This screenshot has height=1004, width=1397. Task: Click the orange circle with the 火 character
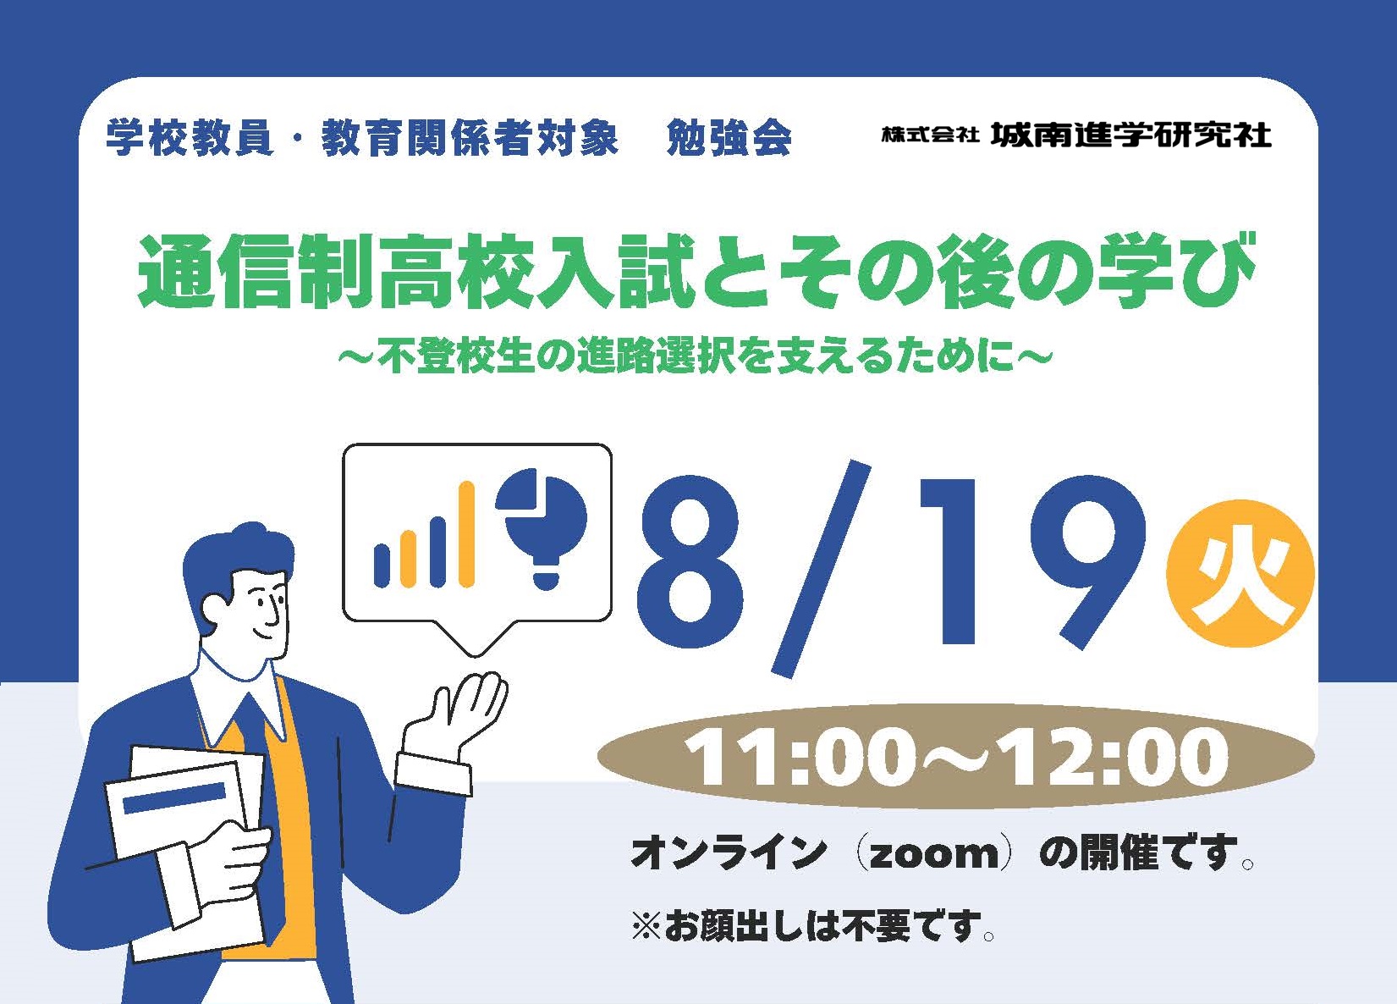click(1240, 573)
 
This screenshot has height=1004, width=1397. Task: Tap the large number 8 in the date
click(690, 562)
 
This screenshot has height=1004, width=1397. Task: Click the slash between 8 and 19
click(821, 569)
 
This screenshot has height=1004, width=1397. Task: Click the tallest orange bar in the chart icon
click(466, 534)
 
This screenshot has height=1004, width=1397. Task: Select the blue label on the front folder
click(174, 798)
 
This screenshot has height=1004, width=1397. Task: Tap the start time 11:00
click(794, 758)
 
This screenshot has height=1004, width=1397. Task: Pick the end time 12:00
click(1116, 758)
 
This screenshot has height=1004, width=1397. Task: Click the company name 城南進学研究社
click(1131, 135)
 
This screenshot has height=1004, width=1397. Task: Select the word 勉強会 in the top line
click(729, 137)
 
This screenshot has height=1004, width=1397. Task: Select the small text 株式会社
click(930, 135)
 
